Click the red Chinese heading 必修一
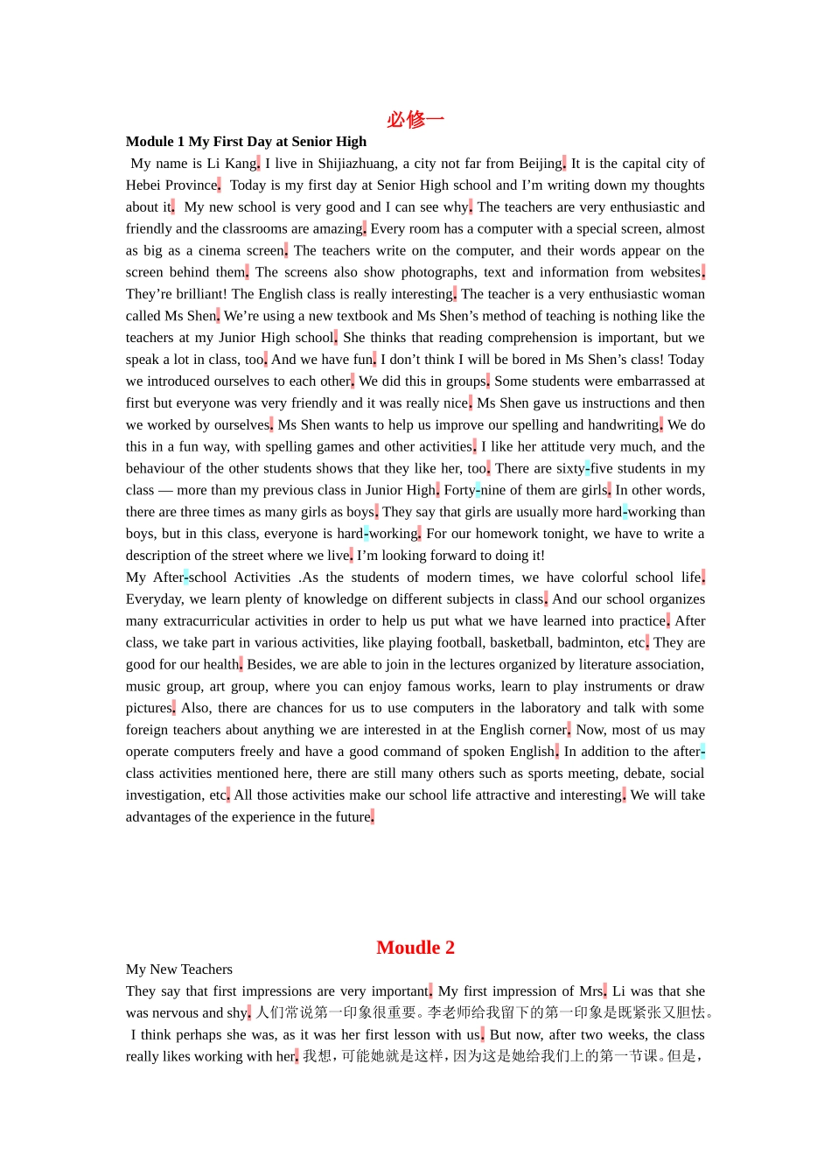pyautogui.click(x=415, y=119)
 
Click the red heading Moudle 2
pyautogui.click(x=415, y=948)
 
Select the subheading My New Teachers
pyautogui.click(x=179, y=969)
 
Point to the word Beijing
pyautogui.click(x=540, y=164)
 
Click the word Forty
pyautogui.click(x=459, y=490)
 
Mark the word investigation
pyautogui.click(x=164, y=795)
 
